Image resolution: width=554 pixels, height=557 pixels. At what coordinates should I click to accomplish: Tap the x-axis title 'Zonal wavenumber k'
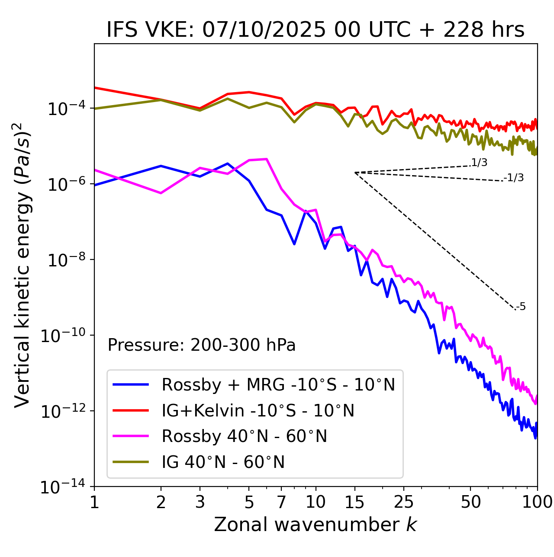click(315, 524)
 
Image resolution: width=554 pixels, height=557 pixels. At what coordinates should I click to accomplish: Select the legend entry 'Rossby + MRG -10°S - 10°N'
click(278, 384)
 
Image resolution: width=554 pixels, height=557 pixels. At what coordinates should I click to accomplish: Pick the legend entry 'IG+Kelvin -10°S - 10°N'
click(258, 410)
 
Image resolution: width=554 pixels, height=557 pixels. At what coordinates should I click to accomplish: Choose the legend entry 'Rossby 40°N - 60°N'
click(244, 436)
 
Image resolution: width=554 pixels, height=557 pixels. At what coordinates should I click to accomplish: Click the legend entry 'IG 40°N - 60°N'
click(223, 462)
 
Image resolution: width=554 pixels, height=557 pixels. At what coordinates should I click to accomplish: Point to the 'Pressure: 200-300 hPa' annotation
click(202, 345)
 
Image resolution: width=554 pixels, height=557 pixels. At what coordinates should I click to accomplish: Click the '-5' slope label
click(521, 307)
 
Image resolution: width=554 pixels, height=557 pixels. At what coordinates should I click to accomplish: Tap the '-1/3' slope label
click(514, 178)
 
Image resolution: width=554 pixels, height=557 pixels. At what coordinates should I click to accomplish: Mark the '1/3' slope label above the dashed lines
click(479, 163)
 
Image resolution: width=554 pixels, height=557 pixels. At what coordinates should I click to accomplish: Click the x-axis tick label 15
click(354, 502)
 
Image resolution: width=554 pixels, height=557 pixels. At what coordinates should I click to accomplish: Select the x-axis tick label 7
click(281, 502)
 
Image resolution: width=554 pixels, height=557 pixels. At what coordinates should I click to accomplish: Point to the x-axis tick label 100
click(537, 502)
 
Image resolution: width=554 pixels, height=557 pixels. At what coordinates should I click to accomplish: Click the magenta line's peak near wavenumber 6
click(267, 159)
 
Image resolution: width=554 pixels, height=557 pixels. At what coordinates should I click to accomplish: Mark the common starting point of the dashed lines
click(355, 173)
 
